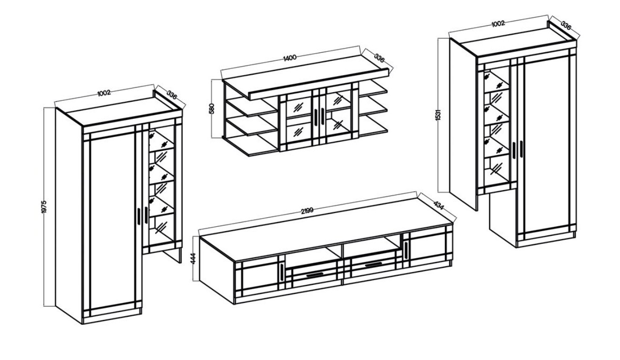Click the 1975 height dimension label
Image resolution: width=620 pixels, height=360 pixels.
click(x=44, y=207)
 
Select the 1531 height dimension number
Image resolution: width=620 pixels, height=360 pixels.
click(x=437, y=115)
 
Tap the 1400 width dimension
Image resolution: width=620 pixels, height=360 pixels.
click(x=290, y=58)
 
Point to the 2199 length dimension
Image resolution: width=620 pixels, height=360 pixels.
click(x=307, y=211)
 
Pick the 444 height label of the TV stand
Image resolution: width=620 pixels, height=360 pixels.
click(x=194, y=259)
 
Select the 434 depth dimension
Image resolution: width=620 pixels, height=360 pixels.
click(x=438, y=205)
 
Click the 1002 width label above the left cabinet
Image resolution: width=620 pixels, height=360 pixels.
click(x=104, y=93)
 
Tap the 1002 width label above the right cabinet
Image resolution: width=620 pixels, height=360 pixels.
click(x=498, y=23)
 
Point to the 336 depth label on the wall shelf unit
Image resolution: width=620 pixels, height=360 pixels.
click(x=379, y=58)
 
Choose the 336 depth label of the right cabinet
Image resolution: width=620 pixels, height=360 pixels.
click(x=566, y=25)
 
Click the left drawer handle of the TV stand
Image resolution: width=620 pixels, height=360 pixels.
click(x=315, y=274)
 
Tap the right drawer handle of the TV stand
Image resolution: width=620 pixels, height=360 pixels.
click(x=374, y=265)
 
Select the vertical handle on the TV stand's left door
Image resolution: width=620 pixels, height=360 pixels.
click(x=281, y=272)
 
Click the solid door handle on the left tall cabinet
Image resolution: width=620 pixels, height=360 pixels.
click(x=139, y=216)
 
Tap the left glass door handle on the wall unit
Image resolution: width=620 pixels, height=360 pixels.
click(x=316, y=117)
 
